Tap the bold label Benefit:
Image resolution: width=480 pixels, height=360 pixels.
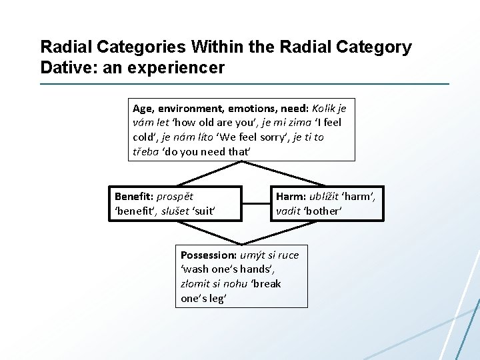point(134,196)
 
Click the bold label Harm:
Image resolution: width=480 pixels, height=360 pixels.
point(291,196)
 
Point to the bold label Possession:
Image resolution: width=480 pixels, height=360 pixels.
point(209,255)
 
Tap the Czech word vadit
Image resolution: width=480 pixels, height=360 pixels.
point(288,211)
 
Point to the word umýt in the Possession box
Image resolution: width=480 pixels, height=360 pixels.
point(253,255)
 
